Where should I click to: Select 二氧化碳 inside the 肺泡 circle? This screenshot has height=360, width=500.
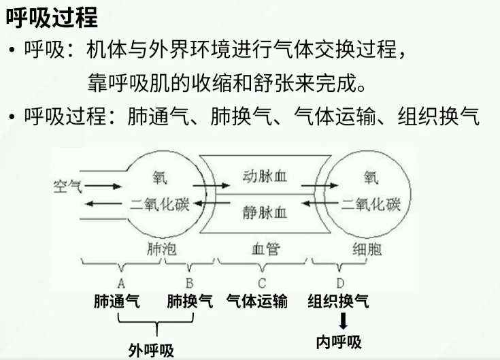pos(160,203)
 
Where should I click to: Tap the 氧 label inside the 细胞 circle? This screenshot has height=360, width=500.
pos(371,178)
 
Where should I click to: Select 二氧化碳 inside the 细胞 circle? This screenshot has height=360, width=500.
pos(371,203)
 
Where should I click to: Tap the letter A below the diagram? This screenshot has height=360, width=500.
pos(120,282)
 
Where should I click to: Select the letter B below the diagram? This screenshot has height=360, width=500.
pos(190,282)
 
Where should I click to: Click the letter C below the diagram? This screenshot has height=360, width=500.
pos(261,282)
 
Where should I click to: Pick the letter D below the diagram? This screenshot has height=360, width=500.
pos(339,282)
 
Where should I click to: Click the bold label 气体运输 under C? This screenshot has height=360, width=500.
pos(256,301)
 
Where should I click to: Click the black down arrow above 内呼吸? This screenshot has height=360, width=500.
pos(344,320)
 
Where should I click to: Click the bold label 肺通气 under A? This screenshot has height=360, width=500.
pos(116,301)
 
